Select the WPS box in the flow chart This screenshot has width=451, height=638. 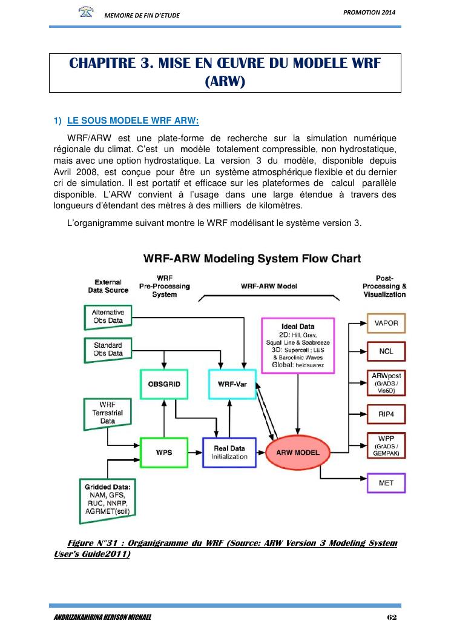point(164,453)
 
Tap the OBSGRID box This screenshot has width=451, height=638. point(164,384)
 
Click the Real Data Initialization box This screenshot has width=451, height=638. point(229,452)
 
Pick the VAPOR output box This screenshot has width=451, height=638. point(387,324)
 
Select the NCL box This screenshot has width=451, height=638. point(387,351)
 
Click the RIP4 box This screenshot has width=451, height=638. point(387,415)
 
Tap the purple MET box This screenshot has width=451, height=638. point(387,483)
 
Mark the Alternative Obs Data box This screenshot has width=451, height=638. point(108,316)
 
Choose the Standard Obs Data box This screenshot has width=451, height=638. point(108,349)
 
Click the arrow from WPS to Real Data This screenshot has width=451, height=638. point(196,453)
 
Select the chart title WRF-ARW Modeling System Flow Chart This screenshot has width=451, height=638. point(252,259)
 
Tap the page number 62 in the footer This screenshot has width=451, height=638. point(390,617)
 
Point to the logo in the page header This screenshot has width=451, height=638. point(87,12)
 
